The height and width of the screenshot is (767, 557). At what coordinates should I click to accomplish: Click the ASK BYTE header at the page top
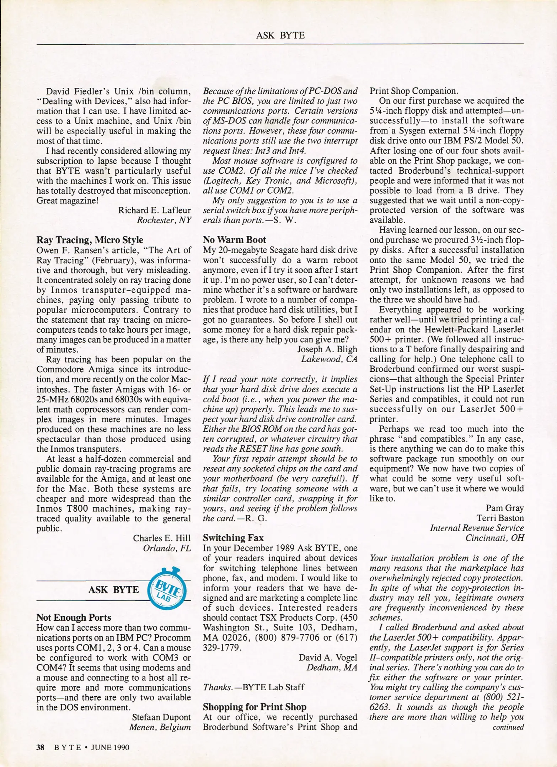click(280, 35)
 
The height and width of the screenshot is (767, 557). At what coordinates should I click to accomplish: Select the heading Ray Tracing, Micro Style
click(90, 240)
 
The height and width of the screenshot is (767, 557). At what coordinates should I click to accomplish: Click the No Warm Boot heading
click(234, 240)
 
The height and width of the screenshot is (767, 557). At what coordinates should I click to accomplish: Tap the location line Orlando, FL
click(167, 548)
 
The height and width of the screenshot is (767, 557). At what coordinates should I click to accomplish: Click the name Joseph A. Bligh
click(327, 349)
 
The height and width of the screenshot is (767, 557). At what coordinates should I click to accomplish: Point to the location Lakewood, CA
click(329, 359)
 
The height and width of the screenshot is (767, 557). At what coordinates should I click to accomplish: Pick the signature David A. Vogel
click(328, 658)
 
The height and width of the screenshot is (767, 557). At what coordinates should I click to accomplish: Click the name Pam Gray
click(505, 508)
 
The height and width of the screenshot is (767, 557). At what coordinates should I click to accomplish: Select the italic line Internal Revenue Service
click(477, 528)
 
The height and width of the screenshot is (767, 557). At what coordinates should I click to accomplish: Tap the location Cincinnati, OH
click(495, 538)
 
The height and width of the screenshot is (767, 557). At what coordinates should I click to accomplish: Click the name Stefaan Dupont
click(161, 717)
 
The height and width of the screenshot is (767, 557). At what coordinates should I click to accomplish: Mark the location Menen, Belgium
click(160, 727)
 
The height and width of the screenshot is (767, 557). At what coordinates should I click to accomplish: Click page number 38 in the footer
click(40, 747)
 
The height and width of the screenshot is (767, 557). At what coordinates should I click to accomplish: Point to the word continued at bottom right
click(508, 727)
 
